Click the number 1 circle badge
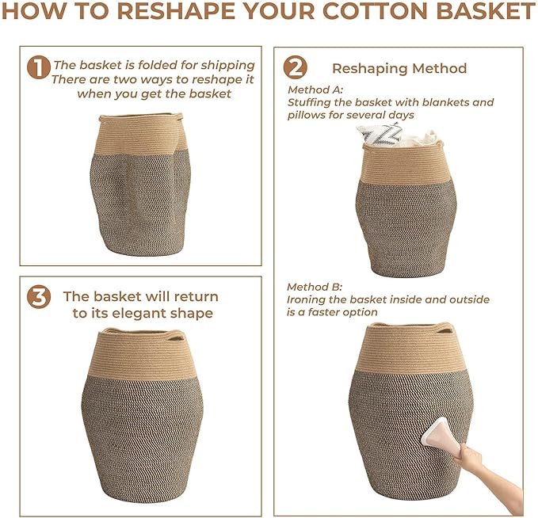point(39,67)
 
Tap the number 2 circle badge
point(295,67)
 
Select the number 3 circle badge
point(39,297)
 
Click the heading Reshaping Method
point(399,68)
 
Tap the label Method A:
point(315,90)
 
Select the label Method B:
point(315,287)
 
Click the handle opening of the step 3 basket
point(176,338)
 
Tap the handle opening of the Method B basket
point(445,331)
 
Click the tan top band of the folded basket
point(141,135)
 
